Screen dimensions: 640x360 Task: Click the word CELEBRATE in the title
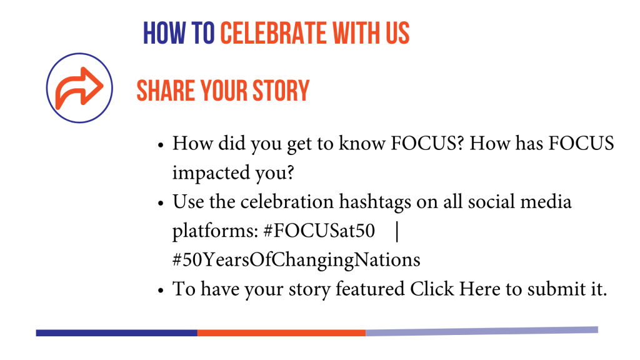[x=274, y=33]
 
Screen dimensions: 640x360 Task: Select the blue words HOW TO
[x=178, y=33]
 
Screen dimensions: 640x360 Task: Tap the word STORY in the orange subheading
[x=281, y=90]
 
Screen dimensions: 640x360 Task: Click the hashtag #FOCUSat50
[x=319, y=231]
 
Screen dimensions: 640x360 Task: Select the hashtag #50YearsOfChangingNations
[x=296, y=260]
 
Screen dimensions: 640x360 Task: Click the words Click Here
[x=455, y=289]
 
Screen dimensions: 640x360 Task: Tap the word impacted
[x=211, y=173]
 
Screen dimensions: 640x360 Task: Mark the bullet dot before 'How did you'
[x=161, y=145]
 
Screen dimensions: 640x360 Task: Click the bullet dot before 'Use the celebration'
[x=161, y=203]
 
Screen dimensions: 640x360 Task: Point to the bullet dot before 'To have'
[x=161, y=291]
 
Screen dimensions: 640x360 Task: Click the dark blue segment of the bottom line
[x=117, y=333]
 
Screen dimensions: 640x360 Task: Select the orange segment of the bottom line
[x=282, y=333]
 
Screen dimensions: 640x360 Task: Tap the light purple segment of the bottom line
[x=482, y=331]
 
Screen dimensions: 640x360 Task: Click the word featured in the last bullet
[x=370, y=289]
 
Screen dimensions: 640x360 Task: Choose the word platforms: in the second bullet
[x=215, y=231]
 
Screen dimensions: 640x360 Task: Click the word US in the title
[x=398, y=33]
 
